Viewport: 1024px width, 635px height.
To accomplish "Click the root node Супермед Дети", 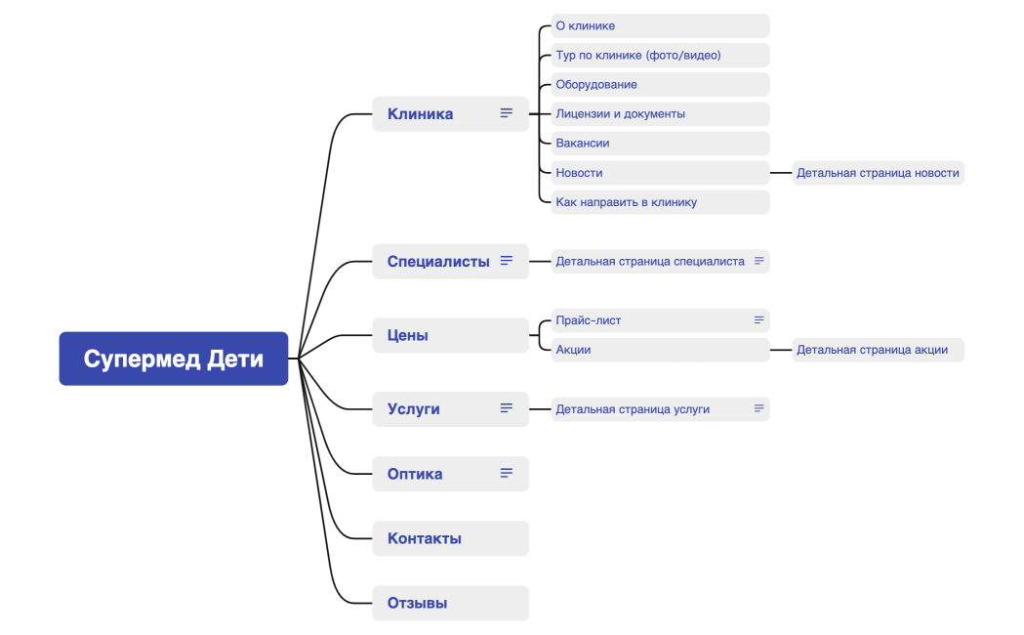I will click(174, 359).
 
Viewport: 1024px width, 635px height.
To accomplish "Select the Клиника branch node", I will click(421, 113).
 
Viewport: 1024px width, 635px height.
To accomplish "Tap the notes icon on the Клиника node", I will click(507, 113).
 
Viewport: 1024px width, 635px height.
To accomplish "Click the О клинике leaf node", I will click(586, 25).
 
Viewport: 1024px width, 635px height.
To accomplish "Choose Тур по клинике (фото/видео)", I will click(638, 55).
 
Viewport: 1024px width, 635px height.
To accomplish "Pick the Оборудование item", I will click(596, 84).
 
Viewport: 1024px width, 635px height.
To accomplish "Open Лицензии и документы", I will click(621, 113).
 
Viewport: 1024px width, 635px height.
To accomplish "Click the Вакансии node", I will click(583, 143).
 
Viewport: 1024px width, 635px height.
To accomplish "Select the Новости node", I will click(580, 173).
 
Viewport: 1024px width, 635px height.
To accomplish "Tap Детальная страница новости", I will click(878, 173).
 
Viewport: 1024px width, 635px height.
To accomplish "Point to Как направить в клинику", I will click(626, 202).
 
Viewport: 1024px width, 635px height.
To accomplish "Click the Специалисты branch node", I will click(438, 261).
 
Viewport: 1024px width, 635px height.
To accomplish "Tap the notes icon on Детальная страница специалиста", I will click(758, 261).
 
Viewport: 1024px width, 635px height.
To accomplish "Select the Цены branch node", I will click(408, 335).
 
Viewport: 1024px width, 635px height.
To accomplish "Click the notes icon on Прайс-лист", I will click(758, 319).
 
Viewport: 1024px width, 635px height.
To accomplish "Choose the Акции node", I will click(574, 350).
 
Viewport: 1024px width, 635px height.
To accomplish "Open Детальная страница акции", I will click(872, 350).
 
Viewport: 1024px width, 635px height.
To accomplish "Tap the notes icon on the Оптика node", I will click(507, 473).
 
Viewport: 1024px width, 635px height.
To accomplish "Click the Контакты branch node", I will click(425, 538).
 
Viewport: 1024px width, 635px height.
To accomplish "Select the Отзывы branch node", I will click(418, 603).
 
